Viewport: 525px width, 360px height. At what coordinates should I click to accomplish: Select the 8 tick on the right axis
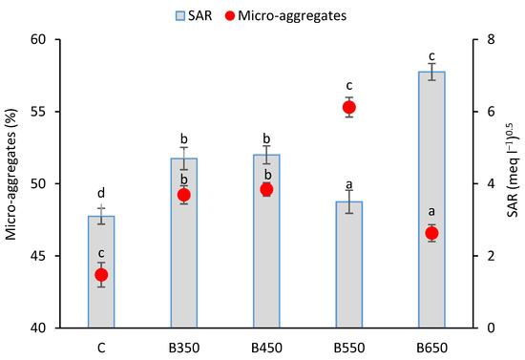tap(488, 39)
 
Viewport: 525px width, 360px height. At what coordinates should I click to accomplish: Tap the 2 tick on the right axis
tap(488, 256)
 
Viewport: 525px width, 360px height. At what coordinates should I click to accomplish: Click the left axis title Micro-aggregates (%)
tap(11, 183)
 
